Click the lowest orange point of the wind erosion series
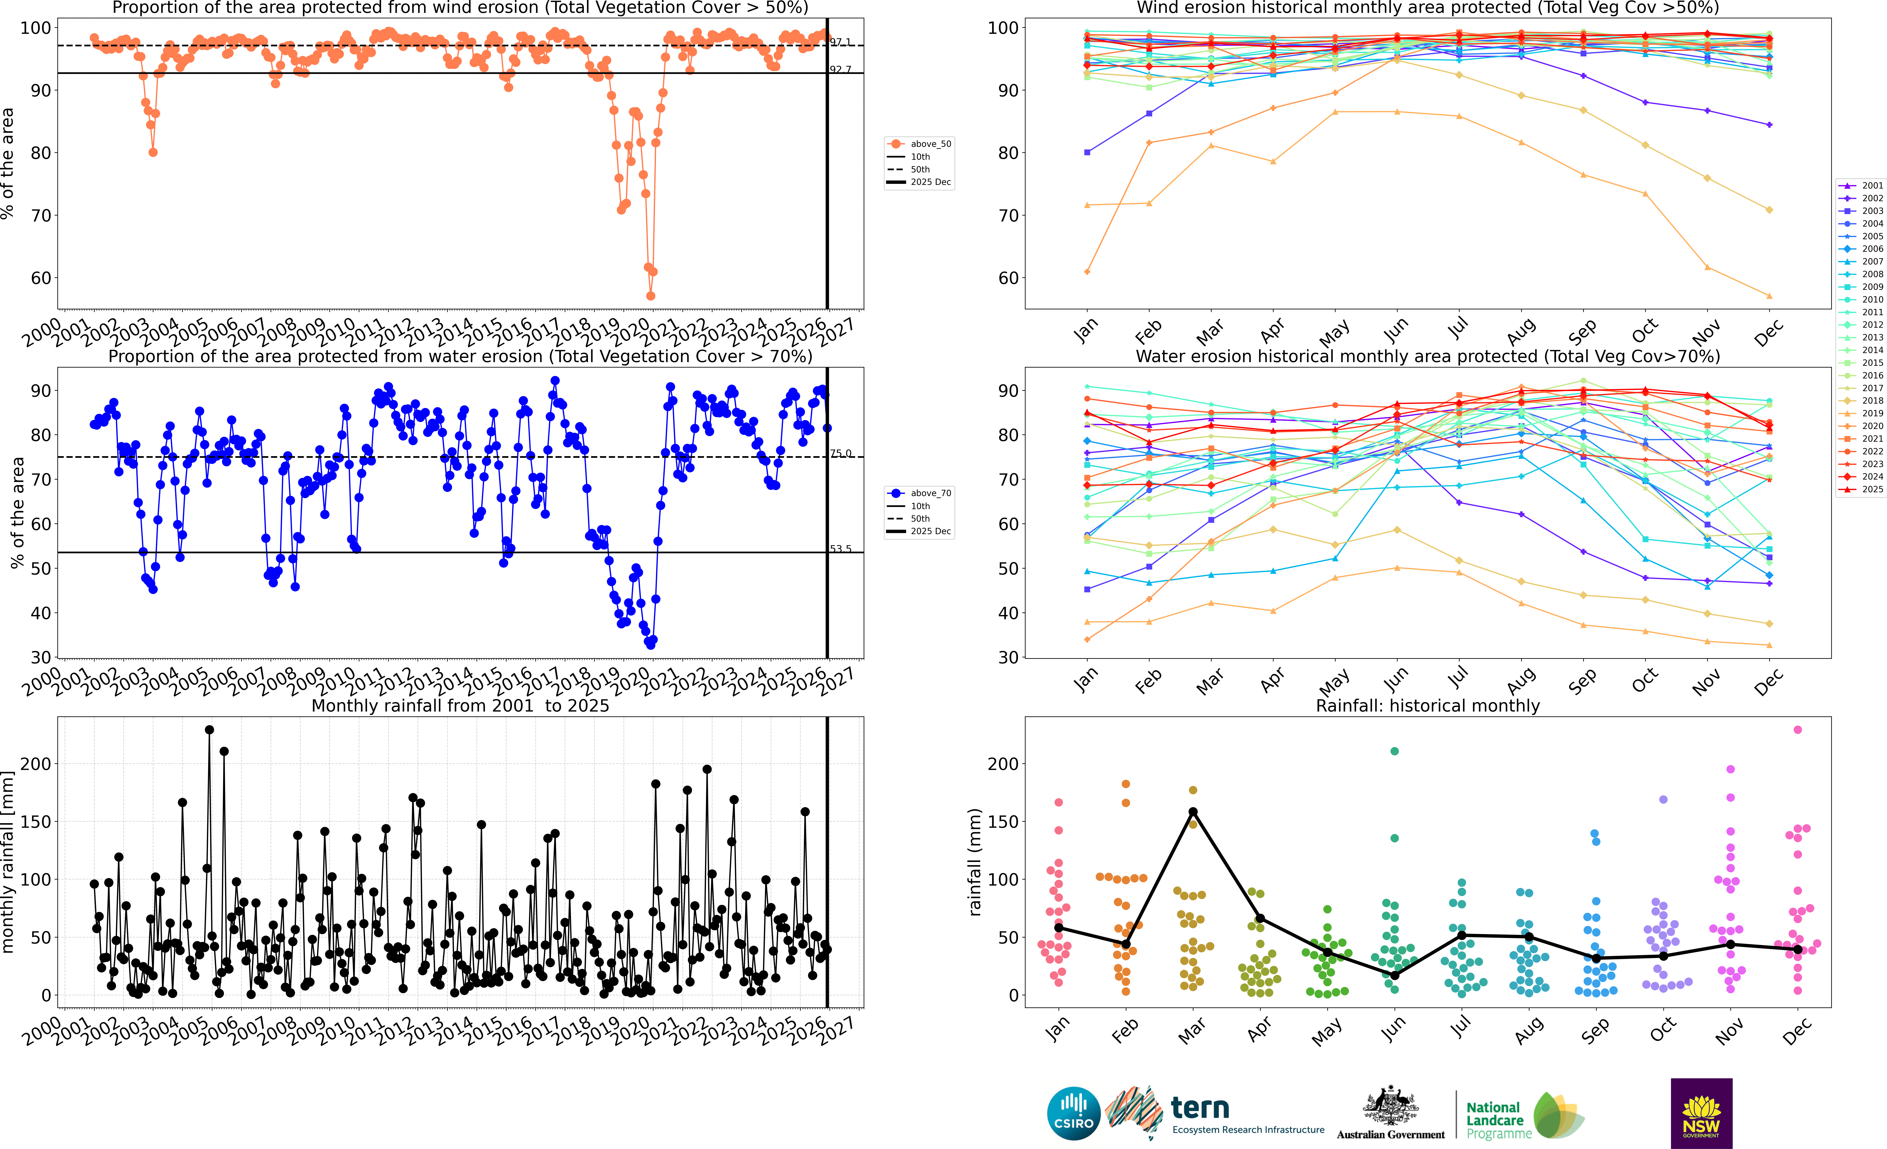[x=650, y=296]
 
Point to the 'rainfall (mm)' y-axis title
[x=975, y=862]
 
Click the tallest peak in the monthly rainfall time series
[x=209, y=730]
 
